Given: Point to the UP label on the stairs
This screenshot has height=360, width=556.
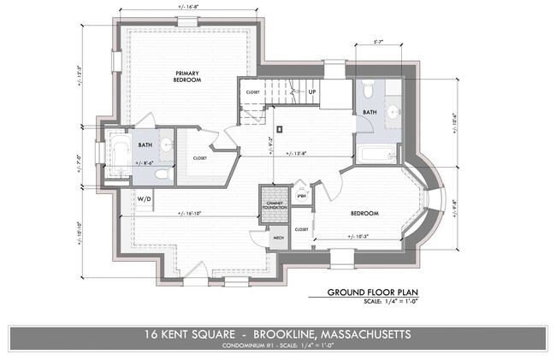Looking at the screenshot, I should [x=311, y=91].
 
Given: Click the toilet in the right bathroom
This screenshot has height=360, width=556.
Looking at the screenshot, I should [x=367, y=90].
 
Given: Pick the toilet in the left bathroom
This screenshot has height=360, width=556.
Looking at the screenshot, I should [x=162, y=173].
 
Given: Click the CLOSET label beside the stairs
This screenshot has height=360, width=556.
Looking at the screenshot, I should [x=252, y=91].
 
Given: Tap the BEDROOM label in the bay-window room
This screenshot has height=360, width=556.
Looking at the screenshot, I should [x=364, y=213].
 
